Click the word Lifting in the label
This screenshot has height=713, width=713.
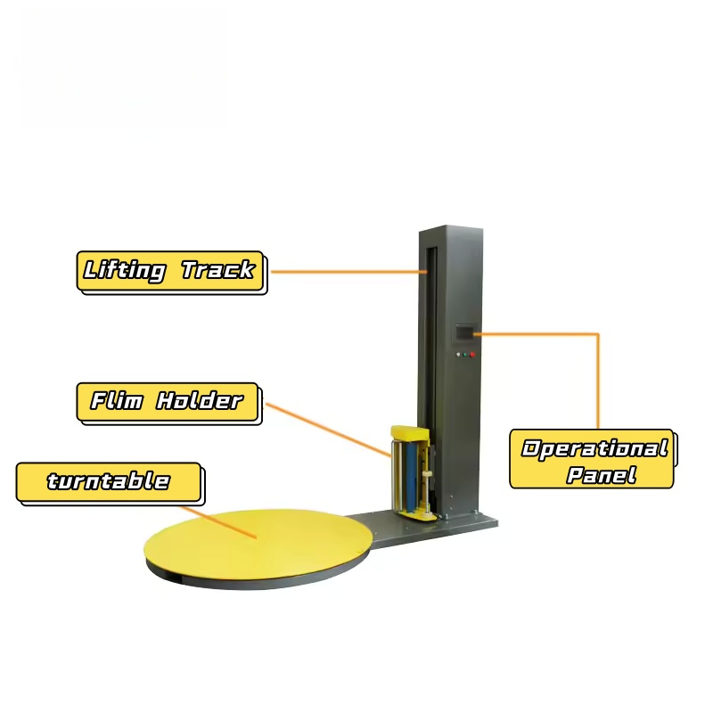click(124, 271)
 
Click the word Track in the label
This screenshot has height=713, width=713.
click(217, 269)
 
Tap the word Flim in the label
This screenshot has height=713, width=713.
click(117, 400)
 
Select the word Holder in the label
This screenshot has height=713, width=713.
click(200, 400)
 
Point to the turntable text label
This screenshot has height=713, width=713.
click(108, 481)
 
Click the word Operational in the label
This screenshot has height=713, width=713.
click(594, 448)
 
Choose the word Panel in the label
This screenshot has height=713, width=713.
click(601, 475)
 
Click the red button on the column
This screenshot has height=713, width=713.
click(472, 354)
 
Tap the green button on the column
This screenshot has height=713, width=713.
click(464, 355)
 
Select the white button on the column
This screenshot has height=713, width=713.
click(458, 355)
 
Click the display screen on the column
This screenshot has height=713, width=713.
click(464, 332)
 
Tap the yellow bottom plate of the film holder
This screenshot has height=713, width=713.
click(417, 515)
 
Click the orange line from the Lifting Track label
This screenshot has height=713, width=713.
click(348, 272)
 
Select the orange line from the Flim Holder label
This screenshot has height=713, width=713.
click(328, 430)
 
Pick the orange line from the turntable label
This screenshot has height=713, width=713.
click(219, 522)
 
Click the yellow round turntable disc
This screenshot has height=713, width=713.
click(258, 545)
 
